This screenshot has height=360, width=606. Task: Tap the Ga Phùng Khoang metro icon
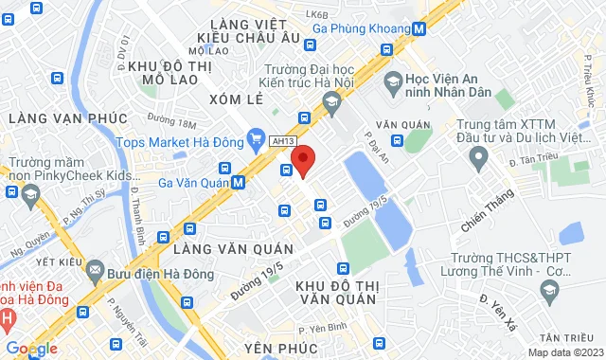pyautogui.click(x=418, y=28)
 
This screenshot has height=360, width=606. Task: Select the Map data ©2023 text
pyautogui.click(x=563, y=352)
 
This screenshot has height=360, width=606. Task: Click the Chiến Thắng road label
pyautogui.click(x=486, y=213)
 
